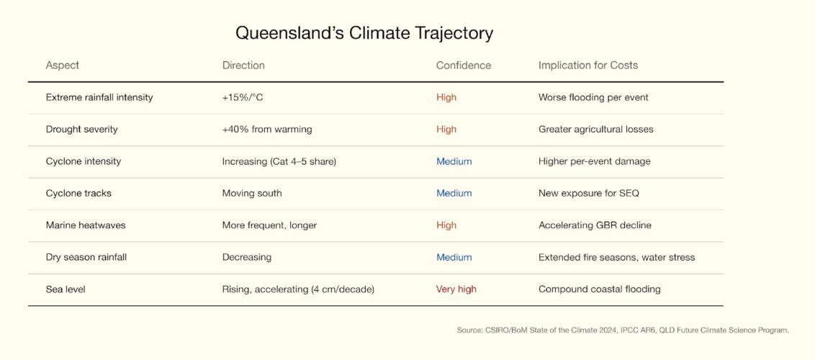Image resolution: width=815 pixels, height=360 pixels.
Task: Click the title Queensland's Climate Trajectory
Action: [x=364, y=33]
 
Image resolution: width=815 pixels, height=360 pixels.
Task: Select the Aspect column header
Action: [x=63, y=66]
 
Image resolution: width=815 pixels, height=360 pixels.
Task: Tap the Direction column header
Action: [x=243, y=66]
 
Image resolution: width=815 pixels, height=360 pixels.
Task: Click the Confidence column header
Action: [x=463, y=66]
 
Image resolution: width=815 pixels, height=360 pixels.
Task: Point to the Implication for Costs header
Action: [x=588, y=66]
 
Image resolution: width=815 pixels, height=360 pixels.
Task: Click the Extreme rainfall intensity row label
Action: [x=99, y=98]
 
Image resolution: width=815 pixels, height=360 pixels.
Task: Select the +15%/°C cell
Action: [x=242, y=98]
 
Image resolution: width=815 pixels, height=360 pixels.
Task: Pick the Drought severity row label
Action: [x=81, y=130]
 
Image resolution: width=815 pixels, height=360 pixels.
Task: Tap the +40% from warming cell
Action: [x=267, y=130]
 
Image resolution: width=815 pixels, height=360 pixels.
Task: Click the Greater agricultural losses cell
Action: [x=595, y=130]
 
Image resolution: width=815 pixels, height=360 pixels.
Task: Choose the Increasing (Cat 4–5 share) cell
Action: [x=279, y=161]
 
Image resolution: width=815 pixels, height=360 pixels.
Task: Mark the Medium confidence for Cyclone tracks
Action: [x=454, y=193]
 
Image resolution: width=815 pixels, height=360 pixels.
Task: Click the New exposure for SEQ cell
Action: [x=589, y=193]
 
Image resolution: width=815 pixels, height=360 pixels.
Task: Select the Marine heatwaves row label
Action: [x=86, y=225]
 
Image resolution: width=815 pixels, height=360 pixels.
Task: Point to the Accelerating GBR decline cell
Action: [x=595, y=225]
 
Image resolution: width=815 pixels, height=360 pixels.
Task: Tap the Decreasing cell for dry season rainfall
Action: [x=247, y=258]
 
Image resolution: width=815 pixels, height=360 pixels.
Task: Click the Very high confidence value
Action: [x=456, y=289]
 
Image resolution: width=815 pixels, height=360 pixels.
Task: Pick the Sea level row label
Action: [x=66, y=289]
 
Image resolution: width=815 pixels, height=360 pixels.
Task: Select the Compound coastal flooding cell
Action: [x=599, y=289]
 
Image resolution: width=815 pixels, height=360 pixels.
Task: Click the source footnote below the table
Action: [x=623, y=330]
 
